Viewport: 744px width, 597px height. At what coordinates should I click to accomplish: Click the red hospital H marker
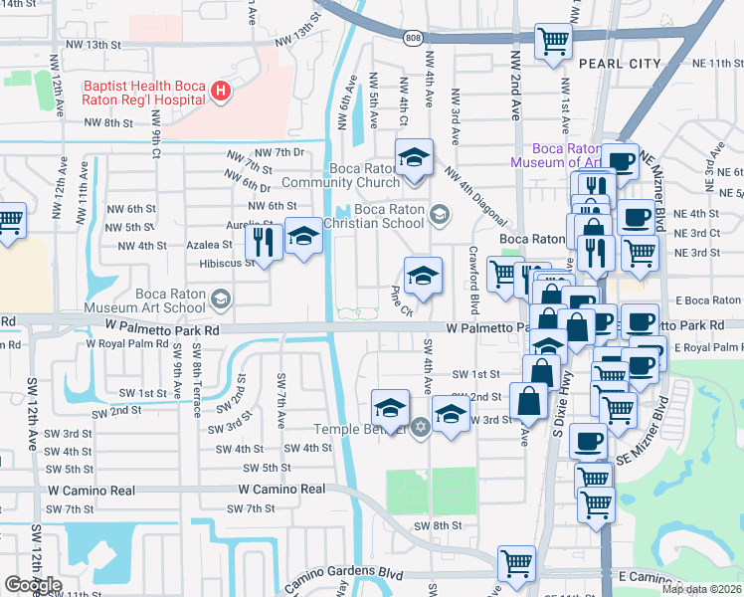[221, 93]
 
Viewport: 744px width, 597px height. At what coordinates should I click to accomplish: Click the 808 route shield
[413, 38]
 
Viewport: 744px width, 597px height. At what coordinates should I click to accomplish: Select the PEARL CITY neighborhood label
[620, 64]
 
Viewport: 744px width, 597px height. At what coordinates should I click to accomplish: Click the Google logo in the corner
[32, 585]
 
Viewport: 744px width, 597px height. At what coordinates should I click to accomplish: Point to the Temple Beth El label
[360, 429]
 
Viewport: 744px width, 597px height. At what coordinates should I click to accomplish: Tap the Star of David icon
[420, 428]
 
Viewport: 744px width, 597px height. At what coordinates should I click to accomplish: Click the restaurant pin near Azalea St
[264, 240]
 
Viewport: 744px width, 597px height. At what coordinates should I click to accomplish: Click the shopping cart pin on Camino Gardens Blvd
[517, 563]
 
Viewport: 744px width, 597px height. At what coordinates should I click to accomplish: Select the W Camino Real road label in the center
[282, 490]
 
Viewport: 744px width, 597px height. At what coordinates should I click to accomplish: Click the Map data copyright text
[700, 589]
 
